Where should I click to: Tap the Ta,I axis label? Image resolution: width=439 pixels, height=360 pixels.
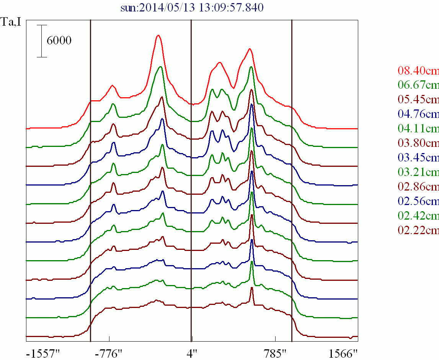tap(11, 22)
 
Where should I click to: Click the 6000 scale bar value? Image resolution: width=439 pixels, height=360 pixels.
tap(59, 41)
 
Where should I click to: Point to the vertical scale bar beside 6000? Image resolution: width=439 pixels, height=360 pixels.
tap(42, 41)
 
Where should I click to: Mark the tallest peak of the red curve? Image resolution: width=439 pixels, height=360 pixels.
tap(158, 36)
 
